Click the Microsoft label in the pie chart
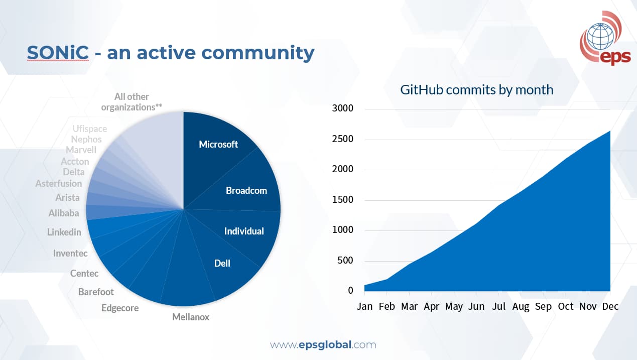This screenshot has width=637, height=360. pyautogui.click(x=218, y=145)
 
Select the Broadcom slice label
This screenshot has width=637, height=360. pyautogui.click(x=246, y=191)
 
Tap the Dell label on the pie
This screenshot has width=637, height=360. pyautogui.click(x=222, y=263)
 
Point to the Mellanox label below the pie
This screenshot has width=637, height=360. pyautogui.click(x=190, y=317)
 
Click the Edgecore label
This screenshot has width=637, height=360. pyautogui.click(x=120, y=308)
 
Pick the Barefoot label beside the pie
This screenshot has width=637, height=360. pyautogui.click(x=96, y=292)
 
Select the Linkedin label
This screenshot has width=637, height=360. pyautogui.click(x=64, y=232)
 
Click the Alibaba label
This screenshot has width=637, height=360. pyautogui.click(x=64, y=213)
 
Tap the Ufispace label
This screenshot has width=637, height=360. pyautogui.click(x=89, y=129)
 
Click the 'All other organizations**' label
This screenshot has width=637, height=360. pyautogui.click(x=132, y=102)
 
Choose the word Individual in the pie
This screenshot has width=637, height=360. pyautogui.click(x=244, y=231)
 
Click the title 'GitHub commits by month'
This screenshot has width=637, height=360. pyautogui.click(x=476, y=90)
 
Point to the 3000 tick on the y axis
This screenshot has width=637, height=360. pyautogui.click(x=342, y=108)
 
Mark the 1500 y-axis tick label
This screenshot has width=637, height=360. pyautogui.click(x=342, y=200)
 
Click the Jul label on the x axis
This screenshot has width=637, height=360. pyautogui.click(x=498, y=306)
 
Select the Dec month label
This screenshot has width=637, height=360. pyautogui.click(x=610, y=306)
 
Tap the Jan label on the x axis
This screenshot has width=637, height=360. pyautogui.click(x=364, y=306)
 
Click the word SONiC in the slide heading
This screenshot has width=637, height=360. pyautogui.click(x=58, y=52)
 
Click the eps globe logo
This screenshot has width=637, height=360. pyautogui.click(x=605, y=38)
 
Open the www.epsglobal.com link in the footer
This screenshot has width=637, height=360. pyautogui.click(x=323, y=345)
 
